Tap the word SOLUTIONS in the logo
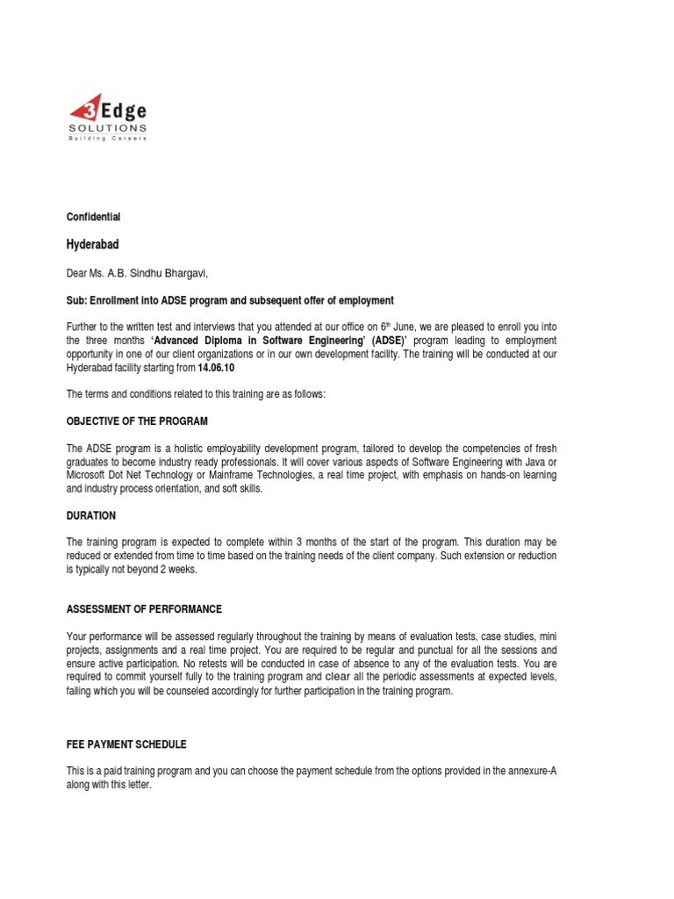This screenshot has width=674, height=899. pyautogui.click(x=108, y=128)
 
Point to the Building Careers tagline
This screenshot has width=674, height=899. pyautogui.click(x=108, y=139)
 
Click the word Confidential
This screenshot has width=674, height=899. pyautogui.click(x=94, y=217)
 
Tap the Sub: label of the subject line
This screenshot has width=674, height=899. pyautogui.click(x=77, y=300)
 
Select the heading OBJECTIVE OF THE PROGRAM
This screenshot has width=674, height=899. pyautogui.click(x=138, y=421)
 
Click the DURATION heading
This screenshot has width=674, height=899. pyautogui.click(x=91, y=516)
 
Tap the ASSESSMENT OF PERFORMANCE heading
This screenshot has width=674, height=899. pyautogui.click(x=145, y=609)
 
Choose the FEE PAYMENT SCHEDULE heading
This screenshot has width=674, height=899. pyautogui.click(x=127, y=744)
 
